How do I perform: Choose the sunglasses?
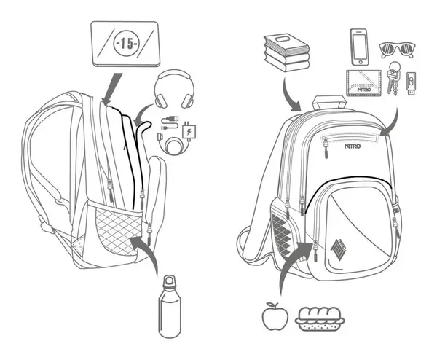[x=397, y=50]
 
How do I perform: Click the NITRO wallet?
[x=367, y=84]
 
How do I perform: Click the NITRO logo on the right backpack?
[x=352, y=146]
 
